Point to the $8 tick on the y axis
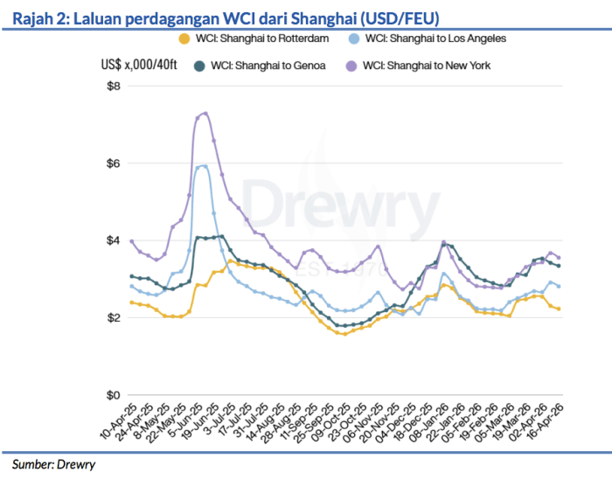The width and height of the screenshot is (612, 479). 113,86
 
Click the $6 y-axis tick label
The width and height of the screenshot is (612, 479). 113,163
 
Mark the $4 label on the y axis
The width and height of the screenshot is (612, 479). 113,240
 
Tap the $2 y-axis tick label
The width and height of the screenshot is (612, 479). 113,317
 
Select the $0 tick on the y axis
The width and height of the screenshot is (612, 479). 113,394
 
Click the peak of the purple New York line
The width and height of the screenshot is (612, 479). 205,113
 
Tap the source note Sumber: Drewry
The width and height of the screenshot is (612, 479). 52,464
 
